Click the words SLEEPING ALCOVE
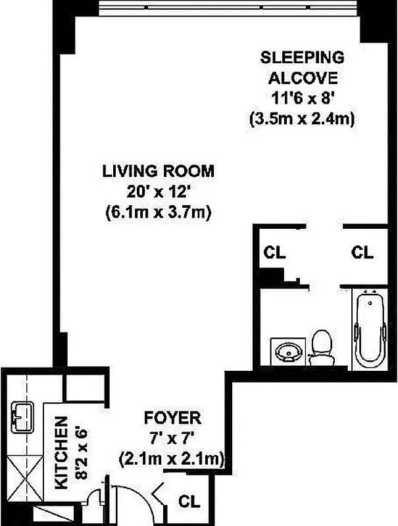(x=302, y=66)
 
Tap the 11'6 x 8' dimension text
(x=302, y=99)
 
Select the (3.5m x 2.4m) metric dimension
(x=302, y=120)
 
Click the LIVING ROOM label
(x=158, y=172)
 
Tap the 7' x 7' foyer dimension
(x=172, y=437)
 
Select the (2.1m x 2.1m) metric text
(x=172, y=458)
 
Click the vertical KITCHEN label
(x=61, y=454)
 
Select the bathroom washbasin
(x=288, y=350)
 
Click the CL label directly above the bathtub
(x=362, y=252)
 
